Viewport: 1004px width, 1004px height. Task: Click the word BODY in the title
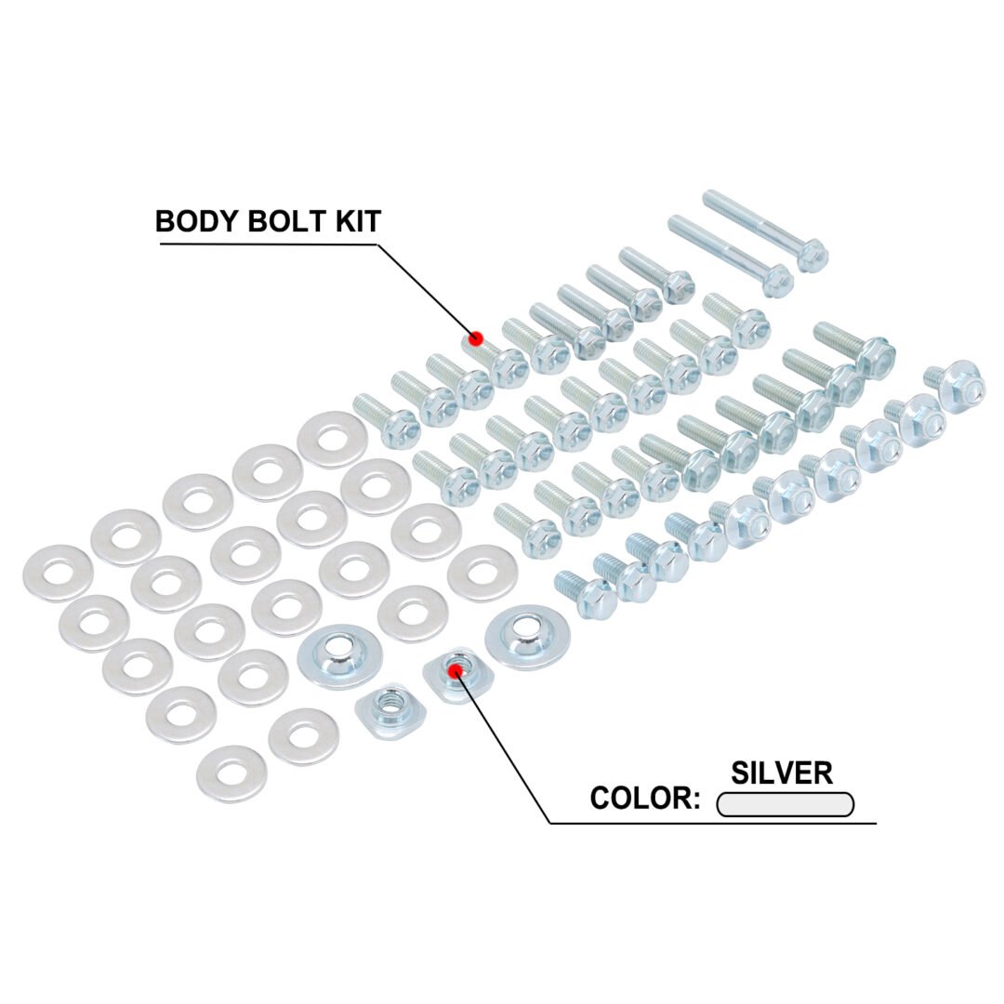[197, 221]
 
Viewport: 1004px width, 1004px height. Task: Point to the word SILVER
[781, 773]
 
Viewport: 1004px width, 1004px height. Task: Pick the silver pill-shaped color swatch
[785, 804]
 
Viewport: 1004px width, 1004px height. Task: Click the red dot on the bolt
[475, 338]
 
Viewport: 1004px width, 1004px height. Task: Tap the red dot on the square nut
[456, 670]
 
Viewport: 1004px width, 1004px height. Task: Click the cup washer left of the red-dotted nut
[340, 656]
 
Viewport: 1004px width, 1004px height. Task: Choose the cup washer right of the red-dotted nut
[528, 637]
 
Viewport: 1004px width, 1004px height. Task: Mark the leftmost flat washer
[58, 573]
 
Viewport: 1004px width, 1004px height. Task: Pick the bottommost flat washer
[231, 773]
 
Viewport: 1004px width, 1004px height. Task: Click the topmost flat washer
[333, 439]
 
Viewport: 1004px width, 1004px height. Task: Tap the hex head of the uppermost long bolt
[812, 253]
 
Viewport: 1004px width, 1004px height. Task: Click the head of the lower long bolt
[777, 280]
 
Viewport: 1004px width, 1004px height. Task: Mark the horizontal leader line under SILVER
[713, 823]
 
